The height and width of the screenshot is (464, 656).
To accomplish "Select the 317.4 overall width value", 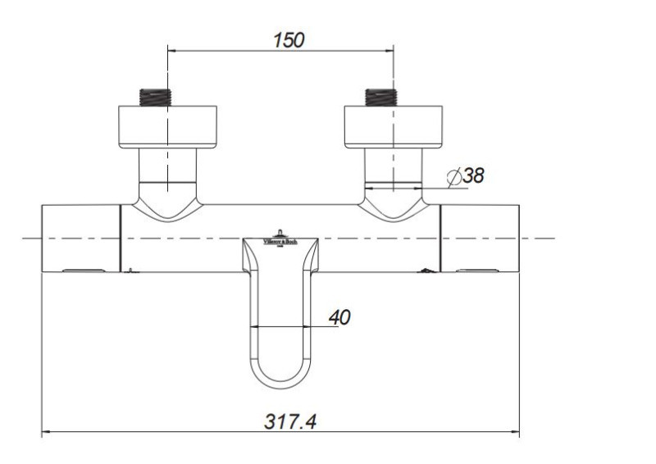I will click(x=290, y=421).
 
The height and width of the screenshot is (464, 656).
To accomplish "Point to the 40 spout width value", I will click(x=339, y=317).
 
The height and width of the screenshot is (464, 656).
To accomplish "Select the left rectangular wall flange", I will click(x=167, y=127).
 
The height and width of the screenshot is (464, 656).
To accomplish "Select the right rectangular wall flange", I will click(x=394, y=127).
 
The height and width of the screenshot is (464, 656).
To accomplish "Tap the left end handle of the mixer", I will click(x=81, y=239).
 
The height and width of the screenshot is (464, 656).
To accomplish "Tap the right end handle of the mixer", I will click(x=480, y=239).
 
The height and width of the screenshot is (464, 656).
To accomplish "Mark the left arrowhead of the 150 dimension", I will click(x=173, y=51).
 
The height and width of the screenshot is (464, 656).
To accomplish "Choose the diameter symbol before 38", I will click(x=454, y=175).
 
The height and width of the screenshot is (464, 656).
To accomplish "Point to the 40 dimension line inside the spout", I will click(x=280, y=327).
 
